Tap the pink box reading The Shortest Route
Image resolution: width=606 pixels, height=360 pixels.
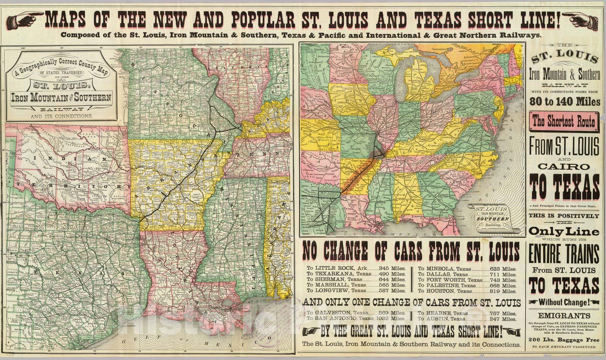564,122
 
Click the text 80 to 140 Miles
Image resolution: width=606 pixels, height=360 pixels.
564,102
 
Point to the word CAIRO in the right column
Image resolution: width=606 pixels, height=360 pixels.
564,166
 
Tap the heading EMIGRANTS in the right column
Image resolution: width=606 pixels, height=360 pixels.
564,316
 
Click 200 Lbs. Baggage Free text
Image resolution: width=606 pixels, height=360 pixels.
564,340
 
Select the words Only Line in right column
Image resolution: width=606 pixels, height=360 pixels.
564,231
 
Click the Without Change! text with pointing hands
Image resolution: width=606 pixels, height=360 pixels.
564,302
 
